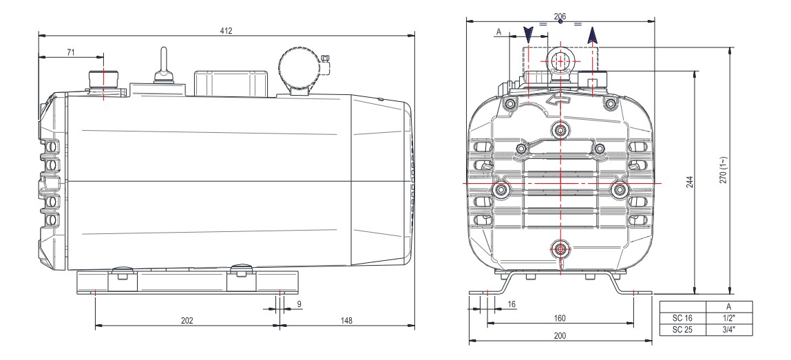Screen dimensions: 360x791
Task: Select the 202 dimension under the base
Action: pyautogui.click(x=187, y=321)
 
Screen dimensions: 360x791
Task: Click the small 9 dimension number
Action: pyautogui.click(x=299, y=303)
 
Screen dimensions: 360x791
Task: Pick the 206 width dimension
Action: pyautogui.click(x=560, y=15)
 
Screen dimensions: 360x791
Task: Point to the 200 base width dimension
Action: pyautogui.click(x=559, y=335)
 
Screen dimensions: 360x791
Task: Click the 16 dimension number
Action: pyautogui.click(x=511, y=303)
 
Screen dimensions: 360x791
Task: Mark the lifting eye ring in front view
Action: pyautogui.click(x=561, y=60)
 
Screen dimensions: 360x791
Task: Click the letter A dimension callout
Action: pyautogui.click(x=498, y=32)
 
